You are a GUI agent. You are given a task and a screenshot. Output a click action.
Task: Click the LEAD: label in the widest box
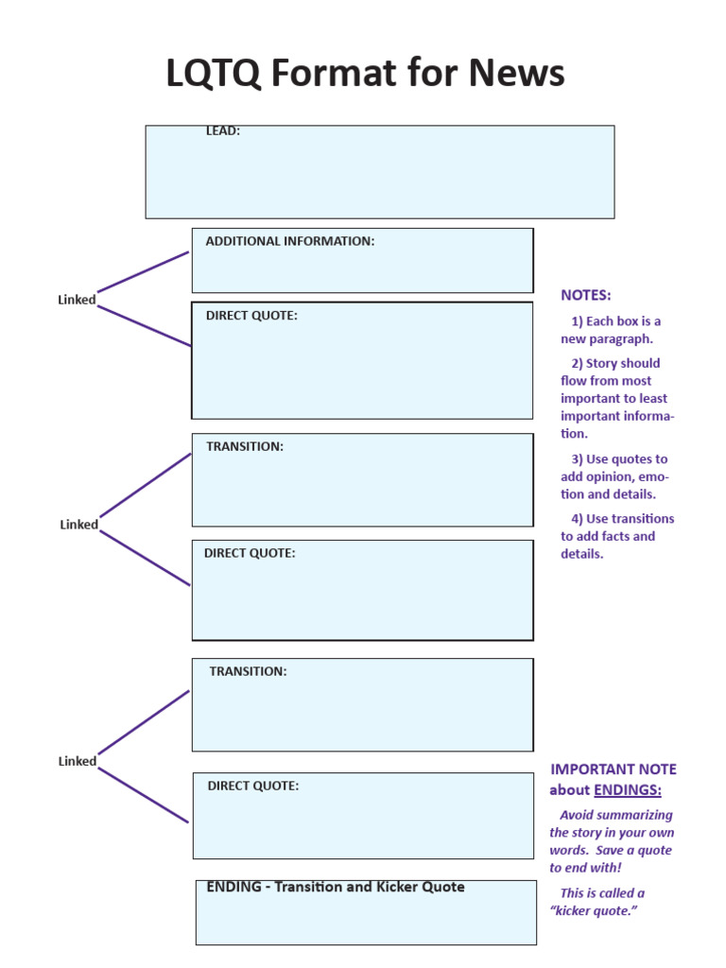[223, 131]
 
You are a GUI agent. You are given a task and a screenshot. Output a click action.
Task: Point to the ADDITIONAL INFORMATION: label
[290, 241]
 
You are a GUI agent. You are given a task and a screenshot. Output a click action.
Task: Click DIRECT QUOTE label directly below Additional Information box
[251, 316]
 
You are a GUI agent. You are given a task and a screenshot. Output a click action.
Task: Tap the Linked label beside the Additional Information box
[77, 300]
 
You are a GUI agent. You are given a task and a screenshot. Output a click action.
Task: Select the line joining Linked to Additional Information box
[144, 271]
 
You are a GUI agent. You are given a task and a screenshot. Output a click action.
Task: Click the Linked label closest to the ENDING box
[77, 761]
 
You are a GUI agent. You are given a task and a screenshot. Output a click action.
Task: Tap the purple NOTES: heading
[586, 295]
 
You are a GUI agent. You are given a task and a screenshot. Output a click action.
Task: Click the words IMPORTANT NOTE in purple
[614, 769]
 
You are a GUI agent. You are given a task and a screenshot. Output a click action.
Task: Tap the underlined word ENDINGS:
[628, 790]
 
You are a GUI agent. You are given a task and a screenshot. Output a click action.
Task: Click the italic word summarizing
[636, 815]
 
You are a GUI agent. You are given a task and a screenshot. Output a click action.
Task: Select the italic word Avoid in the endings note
[577, 815]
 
